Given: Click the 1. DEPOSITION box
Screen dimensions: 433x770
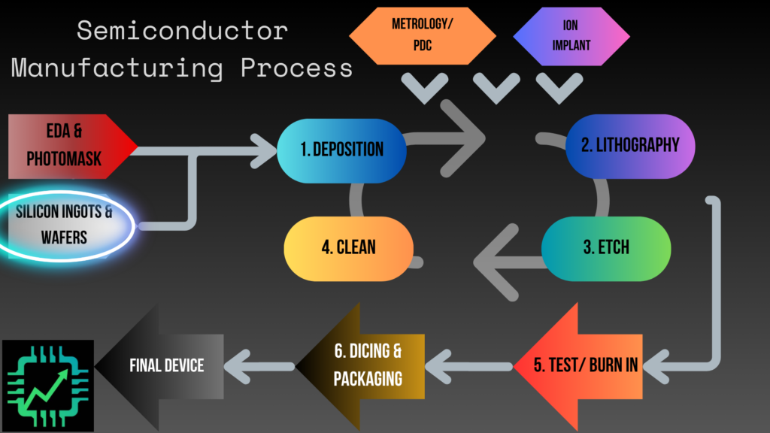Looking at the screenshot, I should (x=342, y=148).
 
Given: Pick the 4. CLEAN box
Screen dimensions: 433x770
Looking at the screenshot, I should (x=348, y=247).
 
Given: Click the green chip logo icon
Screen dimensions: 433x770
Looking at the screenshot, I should (x=48, y=385).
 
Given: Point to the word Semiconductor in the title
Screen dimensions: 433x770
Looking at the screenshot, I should (x=182, y=31).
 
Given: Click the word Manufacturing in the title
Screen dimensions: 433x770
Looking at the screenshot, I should (x=117, y=68).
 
